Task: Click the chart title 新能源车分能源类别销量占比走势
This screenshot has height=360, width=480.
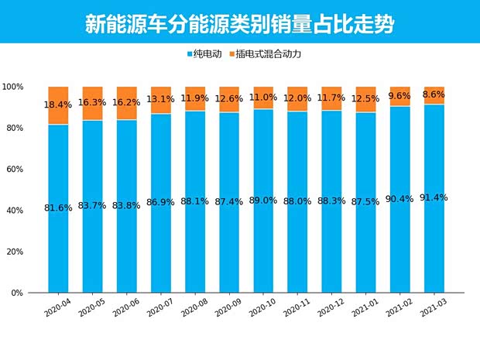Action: coord(239,24)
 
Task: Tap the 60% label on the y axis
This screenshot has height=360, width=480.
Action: coord(15,169)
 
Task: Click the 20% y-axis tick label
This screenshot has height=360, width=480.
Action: coord(15,252)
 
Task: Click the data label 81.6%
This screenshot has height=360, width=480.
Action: coord(58,208)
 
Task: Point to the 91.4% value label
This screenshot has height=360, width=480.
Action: coord(434,198)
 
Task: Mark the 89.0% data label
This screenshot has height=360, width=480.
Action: coord(263,201)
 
